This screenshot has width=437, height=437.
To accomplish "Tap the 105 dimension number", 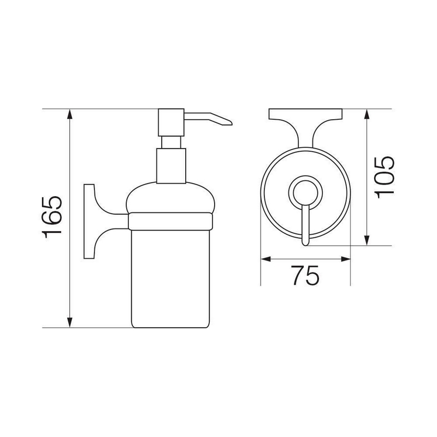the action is (385, 177).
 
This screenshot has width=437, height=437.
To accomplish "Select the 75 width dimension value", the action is (305, 275).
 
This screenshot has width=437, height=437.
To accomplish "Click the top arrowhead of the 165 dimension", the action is (70, 114).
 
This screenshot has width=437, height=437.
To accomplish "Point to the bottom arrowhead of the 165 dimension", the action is (70, 322).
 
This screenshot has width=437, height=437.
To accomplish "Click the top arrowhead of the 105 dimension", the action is (367, 114).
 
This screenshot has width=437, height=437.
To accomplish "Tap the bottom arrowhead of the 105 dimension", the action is (367, 240).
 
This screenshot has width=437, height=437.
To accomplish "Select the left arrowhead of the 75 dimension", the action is (266, 259).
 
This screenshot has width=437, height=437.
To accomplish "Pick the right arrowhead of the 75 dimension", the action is (345, 259).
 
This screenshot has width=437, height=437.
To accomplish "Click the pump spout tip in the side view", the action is (231, 123).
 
